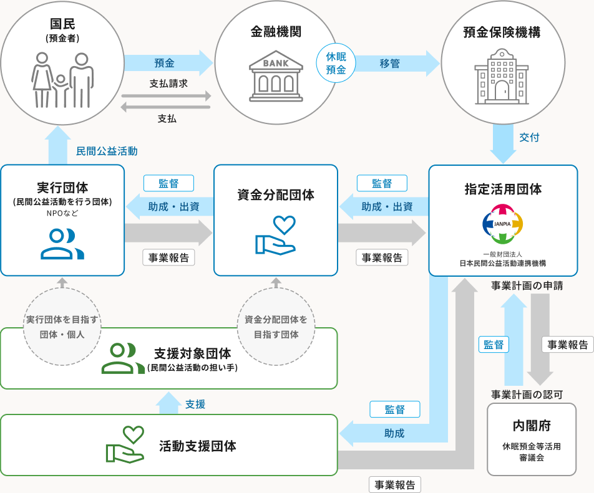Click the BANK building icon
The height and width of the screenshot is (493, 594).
276,76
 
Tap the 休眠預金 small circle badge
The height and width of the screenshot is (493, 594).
336,63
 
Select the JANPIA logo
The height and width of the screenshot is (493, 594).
503,224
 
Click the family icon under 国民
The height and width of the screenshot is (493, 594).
62,80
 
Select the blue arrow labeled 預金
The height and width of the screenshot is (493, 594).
168,63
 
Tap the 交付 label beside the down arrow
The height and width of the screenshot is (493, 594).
529,137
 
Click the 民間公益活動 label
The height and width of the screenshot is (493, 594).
107,151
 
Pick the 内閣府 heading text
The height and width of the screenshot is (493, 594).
532,426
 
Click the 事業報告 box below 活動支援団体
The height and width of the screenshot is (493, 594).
395,485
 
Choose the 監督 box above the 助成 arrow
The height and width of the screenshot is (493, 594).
395,409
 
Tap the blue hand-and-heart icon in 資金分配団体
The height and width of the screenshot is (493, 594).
275,235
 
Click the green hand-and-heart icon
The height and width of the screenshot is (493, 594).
125,444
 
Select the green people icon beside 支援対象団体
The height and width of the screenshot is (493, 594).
123,358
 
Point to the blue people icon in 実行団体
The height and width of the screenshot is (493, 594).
62,244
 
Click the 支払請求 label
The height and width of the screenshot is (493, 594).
168,84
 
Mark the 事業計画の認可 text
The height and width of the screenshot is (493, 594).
527,395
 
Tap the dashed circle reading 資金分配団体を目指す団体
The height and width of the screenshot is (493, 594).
276,327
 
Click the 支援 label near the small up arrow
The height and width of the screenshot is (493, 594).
195,404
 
